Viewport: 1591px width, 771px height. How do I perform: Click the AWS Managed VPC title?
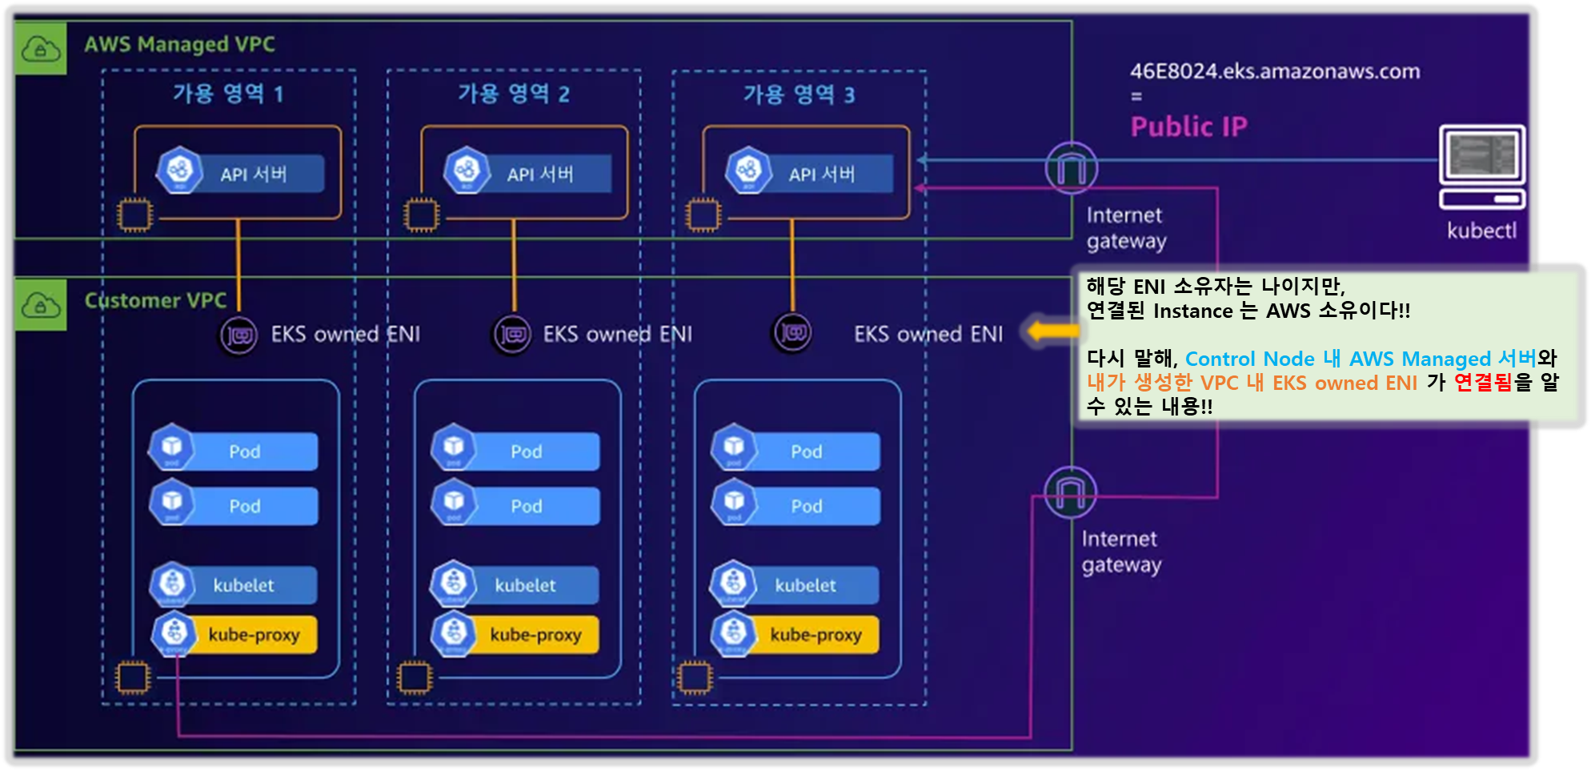point(179,44)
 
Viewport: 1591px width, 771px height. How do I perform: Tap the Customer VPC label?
point(155,300)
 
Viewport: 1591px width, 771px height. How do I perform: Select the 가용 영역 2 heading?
point(514,94)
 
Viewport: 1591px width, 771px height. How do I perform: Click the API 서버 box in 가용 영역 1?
point(241,173)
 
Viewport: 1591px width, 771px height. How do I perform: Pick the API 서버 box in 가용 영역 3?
point(809,173)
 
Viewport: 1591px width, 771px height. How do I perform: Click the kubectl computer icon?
point(1482,167)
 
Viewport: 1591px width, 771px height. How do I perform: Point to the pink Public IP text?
point(1188,126)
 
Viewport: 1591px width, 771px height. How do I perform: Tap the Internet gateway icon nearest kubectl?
point(1071,168)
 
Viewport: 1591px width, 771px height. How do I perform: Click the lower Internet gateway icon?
point(1070,492)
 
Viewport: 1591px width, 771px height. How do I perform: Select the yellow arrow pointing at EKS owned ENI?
point(1052,331)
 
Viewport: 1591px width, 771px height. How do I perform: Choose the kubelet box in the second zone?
point(515,585)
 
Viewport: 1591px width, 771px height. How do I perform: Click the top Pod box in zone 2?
point(516,451)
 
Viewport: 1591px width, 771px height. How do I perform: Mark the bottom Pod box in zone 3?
point(796,505)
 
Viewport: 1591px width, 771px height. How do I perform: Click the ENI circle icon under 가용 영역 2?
point(512,334)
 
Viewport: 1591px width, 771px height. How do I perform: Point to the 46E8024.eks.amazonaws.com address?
point(1275,71)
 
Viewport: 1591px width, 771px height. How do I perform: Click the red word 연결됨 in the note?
point(1482,383)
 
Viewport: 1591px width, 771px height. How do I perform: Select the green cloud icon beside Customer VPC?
point(40,304)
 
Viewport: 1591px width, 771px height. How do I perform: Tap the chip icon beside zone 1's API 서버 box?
point(134,215)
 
